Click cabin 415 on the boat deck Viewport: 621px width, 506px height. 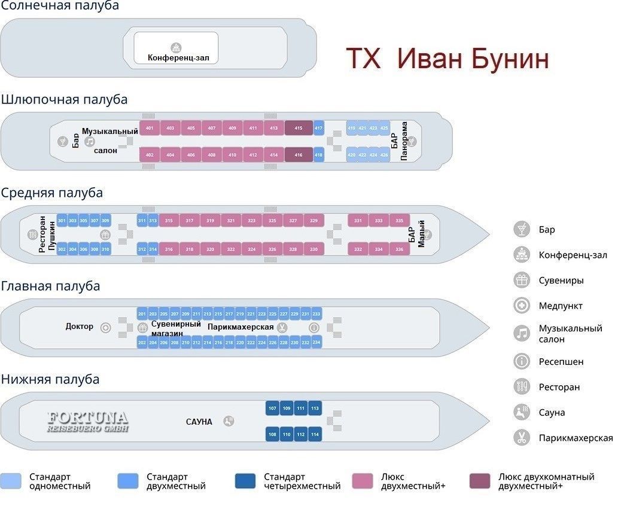[x=299, y=129]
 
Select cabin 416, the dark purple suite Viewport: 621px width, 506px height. [x=299, y=155]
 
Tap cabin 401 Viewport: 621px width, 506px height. [x=150, y=129]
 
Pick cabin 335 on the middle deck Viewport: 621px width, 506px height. [x=399, y=221]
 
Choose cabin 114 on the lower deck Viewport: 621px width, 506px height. [x=315, y=435]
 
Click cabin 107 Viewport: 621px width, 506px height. [x=273, y=409]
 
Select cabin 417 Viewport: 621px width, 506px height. [x=318, y=129]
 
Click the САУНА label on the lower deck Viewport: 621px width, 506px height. [x=199, y=422]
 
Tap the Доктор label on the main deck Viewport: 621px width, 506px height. [x=80, y=327]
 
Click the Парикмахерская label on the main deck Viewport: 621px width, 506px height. [x=241, y=327]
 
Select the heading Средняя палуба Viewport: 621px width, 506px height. [x=52, y=193]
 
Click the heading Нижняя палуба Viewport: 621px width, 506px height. [x=50, y=379]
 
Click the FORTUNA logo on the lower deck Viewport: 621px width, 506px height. [x=87, y=421]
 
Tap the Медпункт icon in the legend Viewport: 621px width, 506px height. [x=522, y=306]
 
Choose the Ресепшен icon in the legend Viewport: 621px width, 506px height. [x=522, y=361]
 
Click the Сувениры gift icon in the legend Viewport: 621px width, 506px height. [x=522, y=280]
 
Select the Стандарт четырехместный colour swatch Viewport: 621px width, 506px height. [x=245, y=481]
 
